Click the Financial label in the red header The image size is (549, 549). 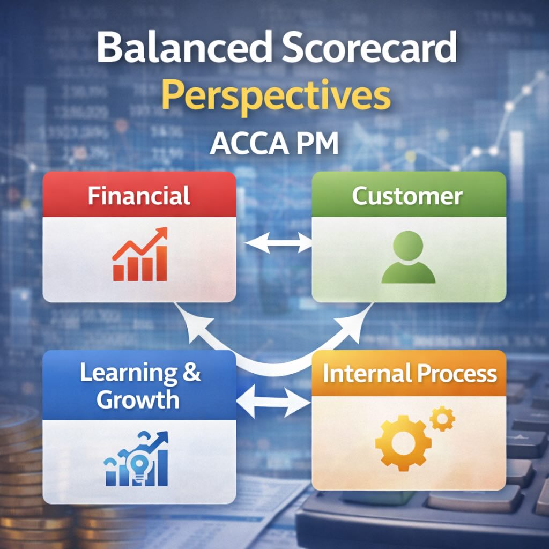(139, 196)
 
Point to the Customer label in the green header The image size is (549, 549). (407, 196)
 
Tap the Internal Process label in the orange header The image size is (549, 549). (410, 374)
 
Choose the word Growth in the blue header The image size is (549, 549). (139, 399)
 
